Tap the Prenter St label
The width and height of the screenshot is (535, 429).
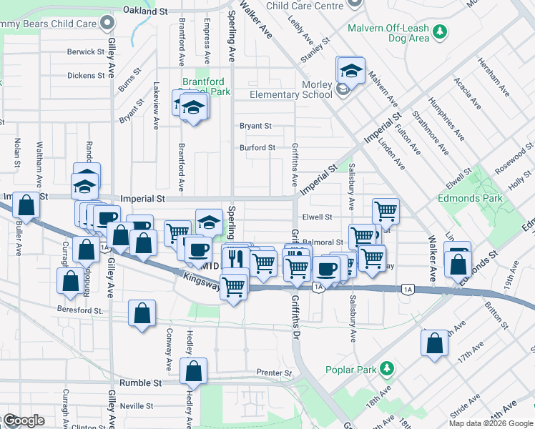[274, 373]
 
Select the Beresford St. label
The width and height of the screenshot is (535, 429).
[80, 309]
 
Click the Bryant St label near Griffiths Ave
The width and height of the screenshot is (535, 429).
[255, 125]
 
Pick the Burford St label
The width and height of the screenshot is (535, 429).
[257, 147]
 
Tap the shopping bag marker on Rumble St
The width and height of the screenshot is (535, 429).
[193, 372]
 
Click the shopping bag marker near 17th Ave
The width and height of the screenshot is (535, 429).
[435, 344]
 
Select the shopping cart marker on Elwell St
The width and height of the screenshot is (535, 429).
[386, 211]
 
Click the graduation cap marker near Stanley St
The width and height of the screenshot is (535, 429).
[351, 71]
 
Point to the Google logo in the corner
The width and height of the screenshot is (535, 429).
[23, 421]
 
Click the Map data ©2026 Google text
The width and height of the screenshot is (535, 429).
[491, 423]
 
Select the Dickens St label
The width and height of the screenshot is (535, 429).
[86, 75]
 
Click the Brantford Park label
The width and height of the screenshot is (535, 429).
[206, 87]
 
